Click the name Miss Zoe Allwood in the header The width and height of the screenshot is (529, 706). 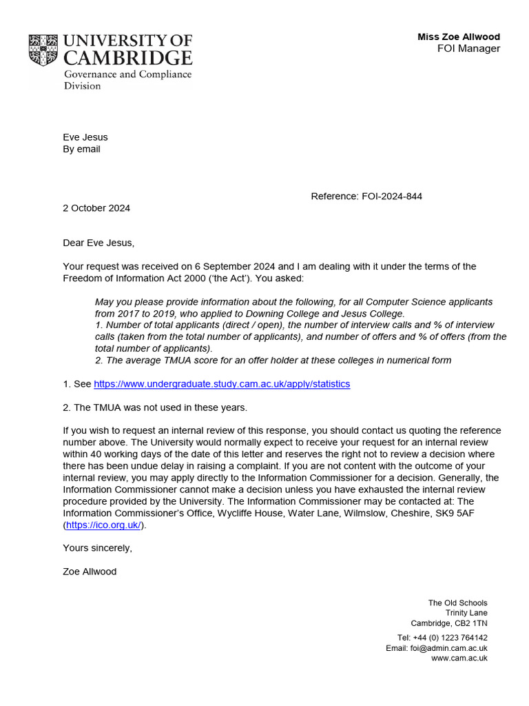point(459,37)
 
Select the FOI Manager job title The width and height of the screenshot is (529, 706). point(468,48)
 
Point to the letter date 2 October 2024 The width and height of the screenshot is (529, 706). point(96,208)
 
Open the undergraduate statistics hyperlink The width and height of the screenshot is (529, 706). point(222,384)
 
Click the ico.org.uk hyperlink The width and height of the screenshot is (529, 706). point(104,525)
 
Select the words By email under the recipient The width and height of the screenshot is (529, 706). point(81,149)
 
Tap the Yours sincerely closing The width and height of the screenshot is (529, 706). point(97,548)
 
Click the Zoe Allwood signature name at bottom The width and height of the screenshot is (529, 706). point(90,572)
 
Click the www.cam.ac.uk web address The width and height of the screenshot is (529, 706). point(459,658)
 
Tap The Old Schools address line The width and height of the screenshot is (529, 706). point(457,603)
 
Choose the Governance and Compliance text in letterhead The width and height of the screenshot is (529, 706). point(127,74)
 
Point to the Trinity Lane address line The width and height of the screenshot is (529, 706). point(466,613)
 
